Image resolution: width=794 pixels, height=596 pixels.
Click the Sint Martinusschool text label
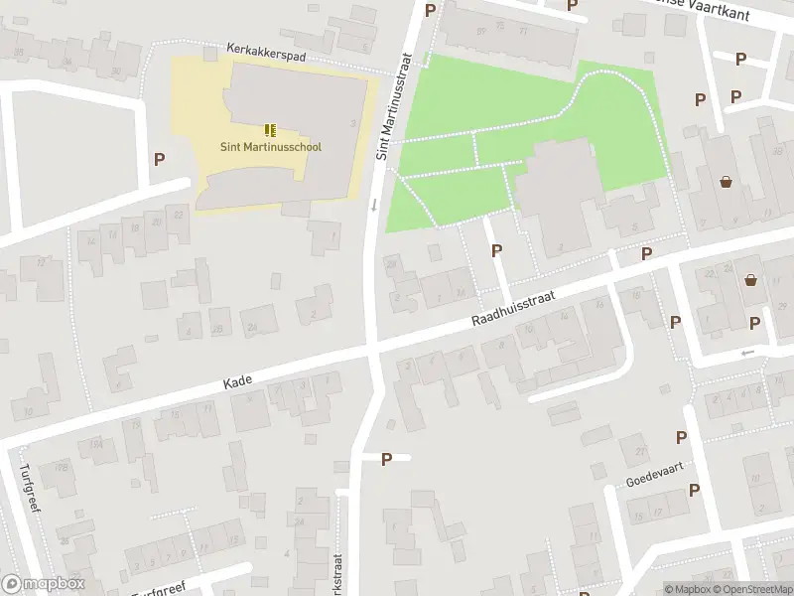click(271, 147)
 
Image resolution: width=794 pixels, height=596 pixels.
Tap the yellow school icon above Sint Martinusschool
click(270, 130)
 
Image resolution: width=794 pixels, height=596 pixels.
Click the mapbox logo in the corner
click(44, 584)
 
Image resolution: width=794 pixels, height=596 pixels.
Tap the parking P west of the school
click(159, 158)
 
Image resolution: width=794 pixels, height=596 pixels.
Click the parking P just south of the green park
click(496, 251)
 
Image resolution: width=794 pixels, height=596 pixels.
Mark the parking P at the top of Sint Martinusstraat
click(430, 10)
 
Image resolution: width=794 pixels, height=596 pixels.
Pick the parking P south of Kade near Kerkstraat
click(387, 458)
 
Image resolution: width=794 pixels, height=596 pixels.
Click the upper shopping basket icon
click(728, 182)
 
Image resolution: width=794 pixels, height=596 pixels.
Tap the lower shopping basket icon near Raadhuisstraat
click(751, 281)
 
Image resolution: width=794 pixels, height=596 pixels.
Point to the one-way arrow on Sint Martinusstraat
click(374, 206)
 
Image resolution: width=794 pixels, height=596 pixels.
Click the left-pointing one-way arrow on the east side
click(748, 353)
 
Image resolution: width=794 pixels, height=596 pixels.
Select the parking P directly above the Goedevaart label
click(681, 437)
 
